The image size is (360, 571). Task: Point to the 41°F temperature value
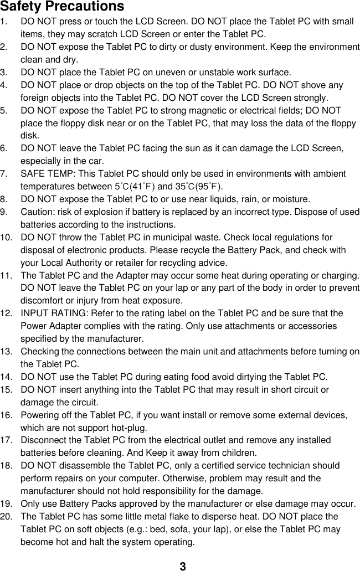pos(141,187)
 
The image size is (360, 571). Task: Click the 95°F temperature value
pos(208,187)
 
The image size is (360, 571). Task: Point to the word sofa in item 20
pos(195,529)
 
